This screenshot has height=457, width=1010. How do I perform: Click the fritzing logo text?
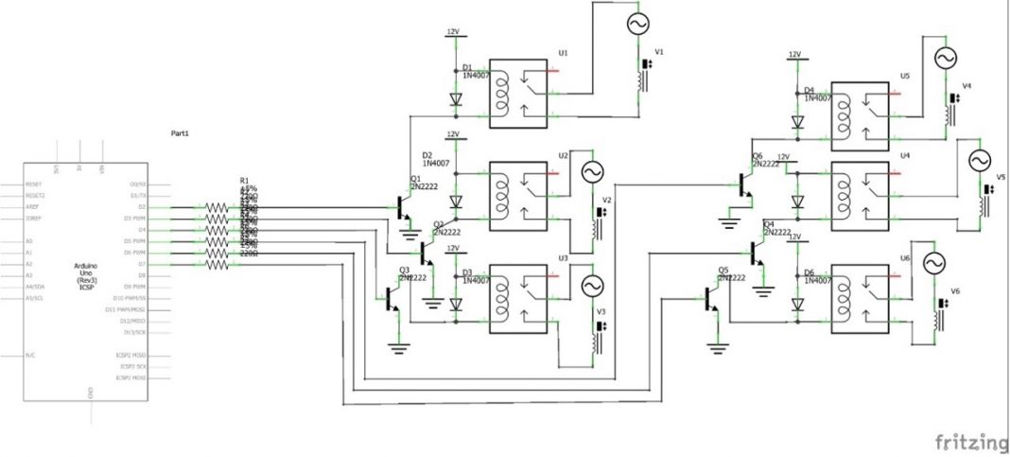(971, 442)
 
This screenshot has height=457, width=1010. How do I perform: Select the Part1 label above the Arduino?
(180, 133)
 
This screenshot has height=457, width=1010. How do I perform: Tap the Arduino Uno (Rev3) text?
(85, 272)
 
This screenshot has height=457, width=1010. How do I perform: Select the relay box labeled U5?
(860, 116)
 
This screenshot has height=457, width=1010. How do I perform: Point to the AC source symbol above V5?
(979, 162)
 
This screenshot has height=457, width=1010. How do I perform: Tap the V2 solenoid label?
(607, 201)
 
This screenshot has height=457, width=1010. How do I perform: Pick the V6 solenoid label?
(955, 290)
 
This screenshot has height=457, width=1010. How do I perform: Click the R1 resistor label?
(245, 180)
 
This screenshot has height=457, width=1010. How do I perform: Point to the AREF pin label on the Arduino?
(32, 206)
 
